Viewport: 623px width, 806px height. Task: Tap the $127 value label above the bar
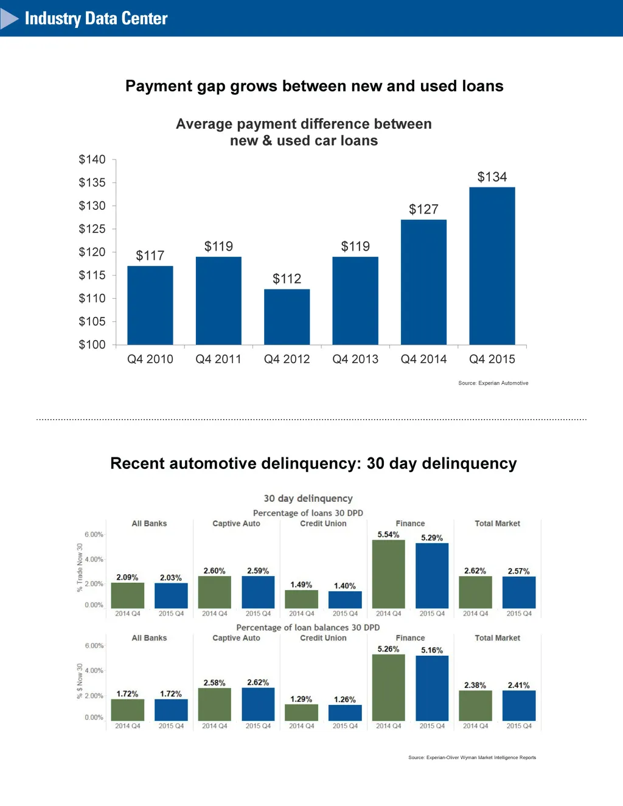(x=423, y=209)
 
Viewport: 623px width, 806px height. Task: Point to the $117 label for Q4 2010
(x=150, y=255)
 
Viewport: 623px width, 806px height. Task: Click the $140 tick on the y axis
(x=92, y=159)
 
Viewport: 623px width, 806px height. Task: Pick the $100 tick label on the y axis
(x=92, y=344)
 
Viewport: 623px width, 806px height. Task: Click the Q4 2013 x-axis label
(x=355, y=359)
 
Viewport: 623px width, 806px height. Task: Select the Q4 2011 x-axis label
(x=218, y=359)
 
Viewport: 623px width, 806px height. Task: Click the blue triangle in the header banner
(x=9, y=19)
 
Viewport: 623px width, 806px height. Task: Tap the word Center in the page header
(x=144, y=18)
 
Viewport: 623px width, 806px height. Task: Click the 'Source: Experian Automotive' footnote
(x=493, y=383)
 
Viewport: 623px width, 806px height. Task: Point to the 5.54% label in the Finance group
(x=388, y=535)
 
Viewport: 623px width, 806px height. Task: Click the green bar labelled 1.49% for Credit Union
(x=301, y=599)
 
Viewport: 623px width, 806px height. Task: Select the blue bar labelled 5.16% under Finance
(x=432, y=688)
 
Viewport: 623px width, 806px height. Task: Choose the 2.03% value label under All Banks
(x=170, y=577)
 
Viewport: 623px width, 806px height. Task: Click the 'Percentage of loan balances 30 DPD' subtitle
(x=308, y=627)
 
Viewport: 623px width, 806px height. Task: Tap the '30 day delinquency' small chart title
(x=308, y=498)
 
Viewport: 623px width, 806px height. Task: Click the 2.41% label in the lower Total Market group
(x=518, y=685)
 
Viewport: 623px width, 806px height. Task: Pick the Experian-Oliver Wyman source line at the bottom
(x=472, y=757)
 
